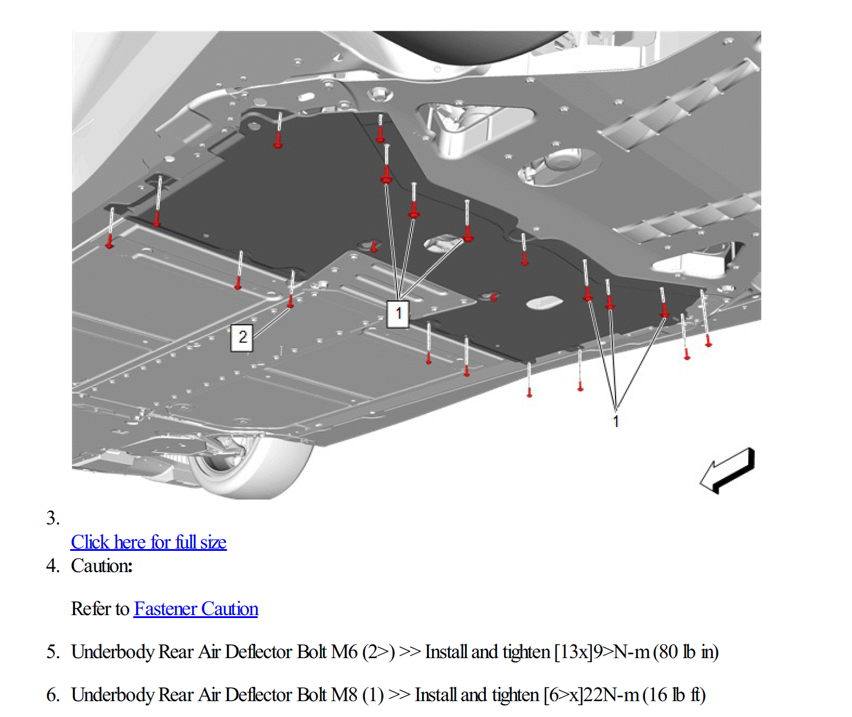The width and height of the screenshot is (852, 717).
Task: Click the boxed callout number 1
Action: click(398, 313)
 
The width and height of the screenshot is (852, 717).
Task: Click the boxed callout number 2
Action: click(242, 338)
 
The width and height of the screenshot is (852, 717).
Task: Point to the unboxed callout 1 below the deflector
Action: click(616, 421)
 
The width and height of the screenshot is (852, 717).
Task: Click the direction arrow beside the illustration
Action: click(728, 470)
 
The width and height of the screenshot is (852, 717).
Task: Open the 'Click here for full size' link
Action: click(149, 542)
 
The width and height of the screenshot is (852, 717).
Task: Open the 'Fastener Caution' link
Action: click(196, 609)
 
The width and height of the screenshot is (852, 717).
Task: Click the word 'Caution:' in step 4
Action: click(101, 566)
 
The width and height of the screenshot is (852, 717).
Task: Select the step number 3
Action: click(52, 518)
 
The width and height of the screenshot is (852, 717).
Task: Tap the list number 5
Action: click(52, 652)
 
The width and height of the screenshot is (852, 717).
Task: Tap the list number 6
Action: click(52, 695)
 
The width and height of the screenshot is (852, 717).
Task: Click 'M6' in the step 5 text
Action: click(344, 652)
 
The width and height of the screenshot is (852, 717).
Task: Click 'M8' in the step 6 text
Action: click(344, 695)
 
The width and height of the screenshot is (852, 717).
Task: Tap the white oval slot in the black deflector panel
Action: click(544, 303)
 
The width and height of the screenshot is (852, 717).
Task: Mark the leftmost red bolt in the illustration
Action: click(110, 242)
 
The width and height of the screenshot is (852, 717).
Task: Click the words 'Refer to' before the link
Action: click(100, 609)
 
